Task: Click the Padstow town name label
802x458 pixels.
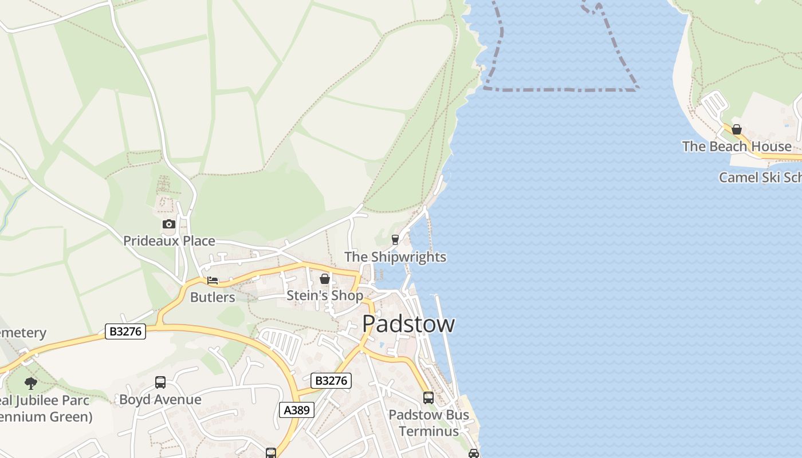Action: [x=408, y=323]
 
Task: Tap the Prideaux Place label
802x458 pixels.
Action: [x=169, y=240]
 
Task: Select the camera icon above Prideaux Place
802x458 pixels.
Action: [x=168, y=224]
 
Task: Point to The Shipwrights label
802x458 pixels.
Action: [x=395, y=256]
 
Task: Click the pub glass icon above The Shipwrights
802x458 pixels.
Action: [x=395, y=240]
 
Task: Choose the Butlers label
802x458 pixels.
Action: [x=213, y=297]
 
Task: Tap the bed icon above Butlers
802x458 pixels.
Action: [x=213, y=281]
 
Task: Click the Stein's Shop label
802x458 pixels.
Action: [x=325, y=295]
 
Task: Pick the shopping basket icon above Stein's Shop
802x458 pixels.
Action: [x=325, y=279]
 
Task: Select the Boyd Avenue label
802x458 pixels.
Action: [x=160, y=399]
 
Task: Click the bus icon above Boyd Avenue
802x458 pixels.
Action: [x=160, y=382]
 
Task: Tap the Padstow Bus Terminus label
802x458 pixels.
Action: [x=428, y=423]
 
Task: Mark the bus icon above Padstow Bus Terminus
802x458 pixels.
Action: [x=428, y=397]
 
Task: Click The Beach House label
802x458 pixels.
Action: [x=737, y=146]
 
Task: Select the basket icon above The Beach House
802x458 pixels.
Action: [x=737, y=129]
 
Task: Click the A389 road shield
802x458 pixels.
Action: [x=297, y=409]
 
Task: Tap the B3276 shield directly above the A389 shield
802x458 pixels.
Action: [x=331, y=381]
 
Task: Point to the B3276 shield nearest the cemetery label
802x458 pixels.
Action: [x=125, y=331]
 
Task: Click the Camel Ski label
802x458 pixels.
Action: [x=760, y=177]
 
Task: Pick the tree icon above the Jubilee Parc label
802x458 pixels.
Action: [x=31, y=383]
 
